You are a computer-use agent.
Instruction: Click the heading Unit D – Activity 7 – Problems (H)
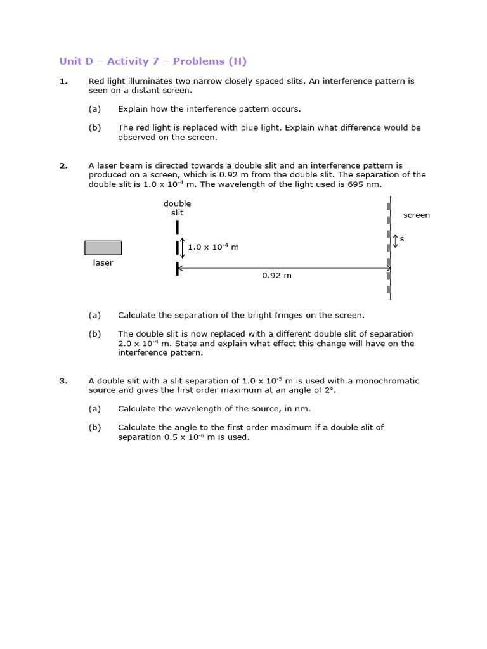click(153, 61)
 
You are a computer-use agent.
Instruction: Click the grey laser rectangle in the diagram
click(103, 248)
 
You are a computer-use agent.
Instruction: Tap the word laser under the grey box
click(103, 263)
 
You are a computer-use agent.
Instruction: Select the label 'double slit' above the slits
click(177, 208)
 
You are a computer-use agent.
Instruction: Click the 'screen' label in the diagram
click(417, 215)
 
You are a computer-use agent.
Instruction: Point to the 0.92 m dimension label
click(276, 276)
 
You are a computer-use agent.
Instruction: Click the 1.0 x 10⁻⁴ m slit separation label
click(213, 247)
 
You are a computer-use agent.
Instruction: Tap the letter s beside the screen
click(402, 239)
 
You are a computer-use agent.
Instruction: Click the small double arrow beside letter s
click(396, 241)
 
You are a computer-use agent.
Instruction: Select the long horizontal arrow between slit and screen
click(284, 269)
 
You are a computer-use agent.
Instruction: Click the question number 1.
click(63, 81)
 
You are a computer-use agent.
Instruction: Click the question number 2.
click(63, 166)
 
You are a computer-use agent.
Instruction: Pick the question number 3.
click(63, 382)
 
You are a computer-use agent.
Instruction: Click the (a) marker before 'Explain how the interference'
click(94, 109)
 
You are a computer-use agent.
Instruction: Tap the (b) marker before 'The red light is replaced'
click(94, 127)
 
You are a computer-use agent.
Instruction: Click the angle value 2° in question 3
click(330, 390)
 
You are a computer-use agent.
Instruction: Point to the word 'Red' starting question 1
click(96, 81)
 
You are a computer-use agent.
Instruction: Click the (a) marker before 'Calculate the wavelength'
click(94, 409)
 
